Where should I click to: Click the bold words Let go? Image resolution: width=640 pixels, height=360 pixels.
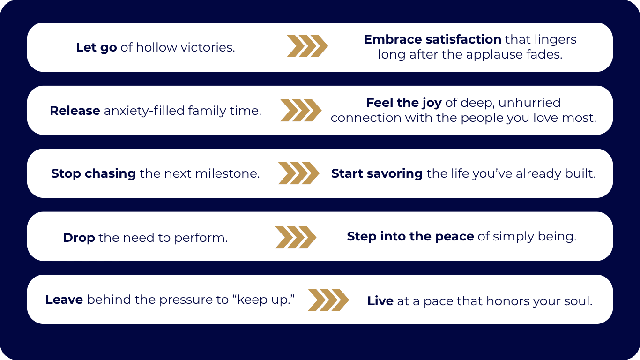pyautogui.click(x=96, y=47)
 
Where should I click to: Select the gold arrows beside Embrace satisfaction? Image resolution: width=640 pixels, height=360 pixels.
pyautogui.click(x=307, y=46)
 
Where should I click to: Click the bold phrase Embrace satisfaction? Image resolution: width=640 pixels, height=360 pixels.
pyautogui.click(x=432, y=39)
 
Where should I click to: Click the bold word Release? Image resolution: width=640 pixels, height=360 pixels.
pyautogui.click(x=74, y=111)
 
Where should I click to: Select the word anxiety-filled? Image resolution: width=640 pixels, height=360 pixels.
pyautogui.click(x=144, y=111)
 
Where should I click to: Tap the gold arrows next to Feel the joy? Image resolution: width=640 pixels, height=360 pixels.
pyautogui.click(x=301, y=111)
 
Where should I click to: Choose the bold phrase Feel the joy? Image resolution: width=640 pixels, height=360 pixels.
pyautogui.click(x=403, y=103)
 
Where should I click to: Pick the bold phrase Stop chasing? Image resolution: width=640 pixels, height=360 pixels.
pyautogui.click(x=93, y=173)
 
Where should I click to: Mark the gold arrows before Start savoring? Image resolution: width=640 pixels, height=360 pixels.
pyautogui.click(x=298, y=173)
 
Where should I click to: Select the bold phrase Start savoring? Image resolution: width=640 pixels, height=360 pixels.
pyautogui.click(x=377, y=173)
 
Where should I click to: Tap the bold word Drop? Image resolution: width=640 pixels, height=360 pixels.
pyautogui.click(x=79, y=238)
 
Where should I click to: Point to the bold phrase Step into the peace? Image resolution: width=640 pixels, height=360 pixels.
pyautogui.click(x=410, y=236)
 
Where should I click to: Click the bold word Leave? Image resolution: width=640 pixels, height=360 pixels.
pyautogui.click(x=64, y=300)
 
